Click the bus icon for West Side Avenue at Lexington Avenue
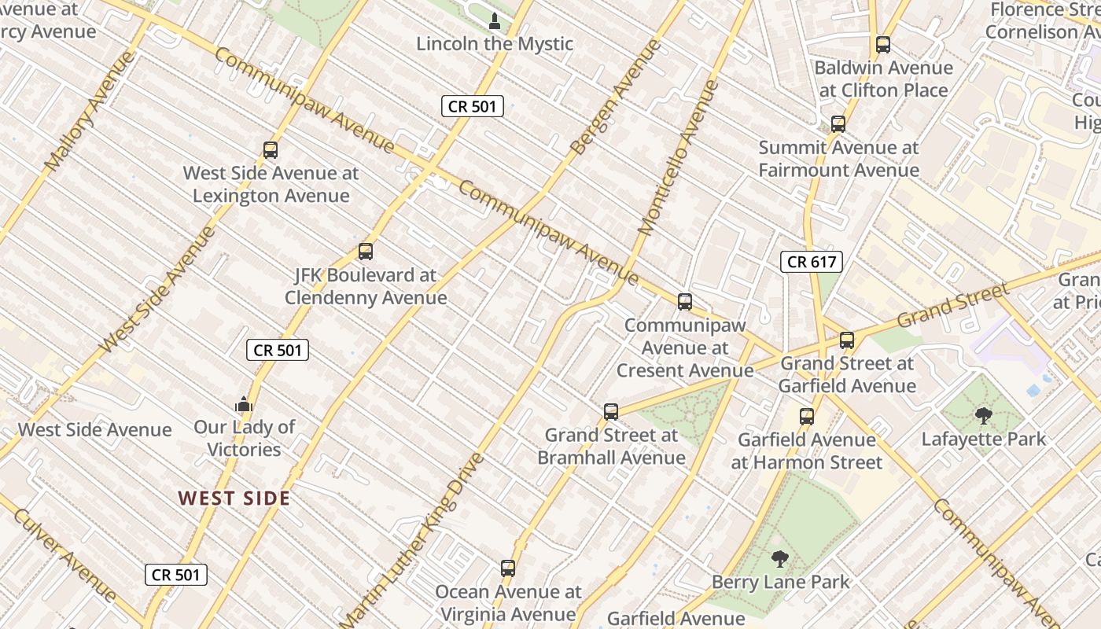(271, 149)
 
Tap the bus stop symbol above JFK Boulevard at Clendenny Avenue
(365, 252)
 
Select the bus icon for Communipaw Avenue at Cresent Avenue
(685, 301)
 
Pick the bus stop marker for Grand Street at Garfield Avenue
(847, 340)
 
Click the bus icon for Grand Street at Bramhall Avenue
(611, 411)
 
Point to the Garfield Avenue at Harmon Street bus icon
(807, 417)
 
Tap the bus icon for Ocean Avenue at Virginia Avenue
(508, 568)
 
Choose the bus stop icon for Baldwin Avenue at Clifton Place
(883, 45)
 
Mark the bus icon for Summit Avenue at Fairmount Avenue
(838, 124)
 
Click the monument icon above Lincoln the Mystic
(495, 20)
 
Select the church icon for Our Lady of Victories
(244, 404)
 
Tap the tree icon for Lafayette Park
(983, 415)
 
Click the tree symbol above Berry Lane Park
(780, 559)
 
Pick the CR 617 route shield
(812, 262)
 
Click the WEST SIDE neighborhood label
(234, 498)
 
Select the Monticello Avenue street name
(679, 157)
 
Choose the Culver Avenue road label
(64, 555)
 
